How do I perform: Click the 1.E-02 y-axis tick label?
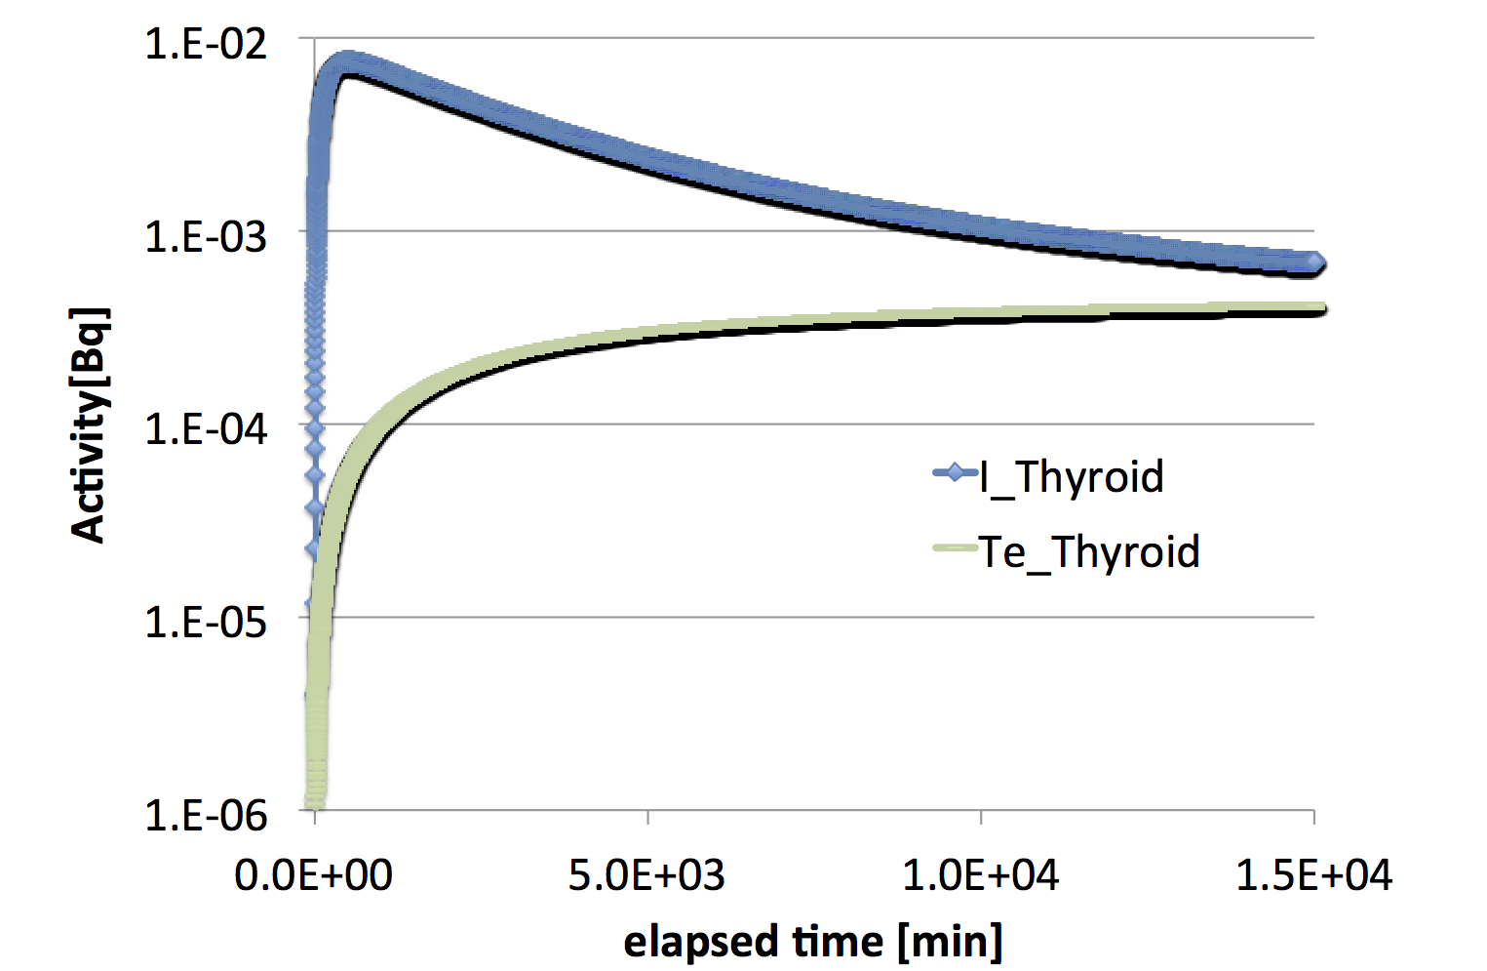point(205,44)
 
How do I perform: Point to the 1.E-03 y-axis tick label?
point(205,236)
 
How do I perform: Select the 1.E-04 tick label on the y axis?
point(205,428)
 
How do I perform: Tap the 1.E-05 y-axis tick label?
point(205,622)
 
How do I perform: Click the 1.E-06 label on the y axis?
point(205,814)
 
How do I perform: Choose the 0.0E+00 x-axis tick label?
point(313,875)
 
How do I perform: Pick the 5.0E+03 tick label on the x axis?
point(646,875)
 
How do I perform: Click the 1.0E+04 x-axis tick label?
point(980,875)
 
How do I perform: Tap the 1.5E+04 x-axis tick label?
point(1313,875)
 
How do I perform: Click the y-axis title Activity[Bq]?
point(89,425)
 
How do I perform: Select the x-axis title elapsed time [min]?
point(812,942)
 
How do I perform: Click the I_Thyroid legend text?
point(1072,477)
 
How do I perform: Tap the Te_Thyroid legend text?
point(1089,551)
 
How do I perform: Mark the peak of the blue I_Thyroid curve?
point(346,64)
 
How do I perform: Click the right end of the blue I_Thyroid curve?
point(1314,263)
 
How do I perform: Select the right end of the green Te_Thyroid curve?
point(1319,309)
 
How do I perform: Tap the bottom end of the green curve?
point(315,802)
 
